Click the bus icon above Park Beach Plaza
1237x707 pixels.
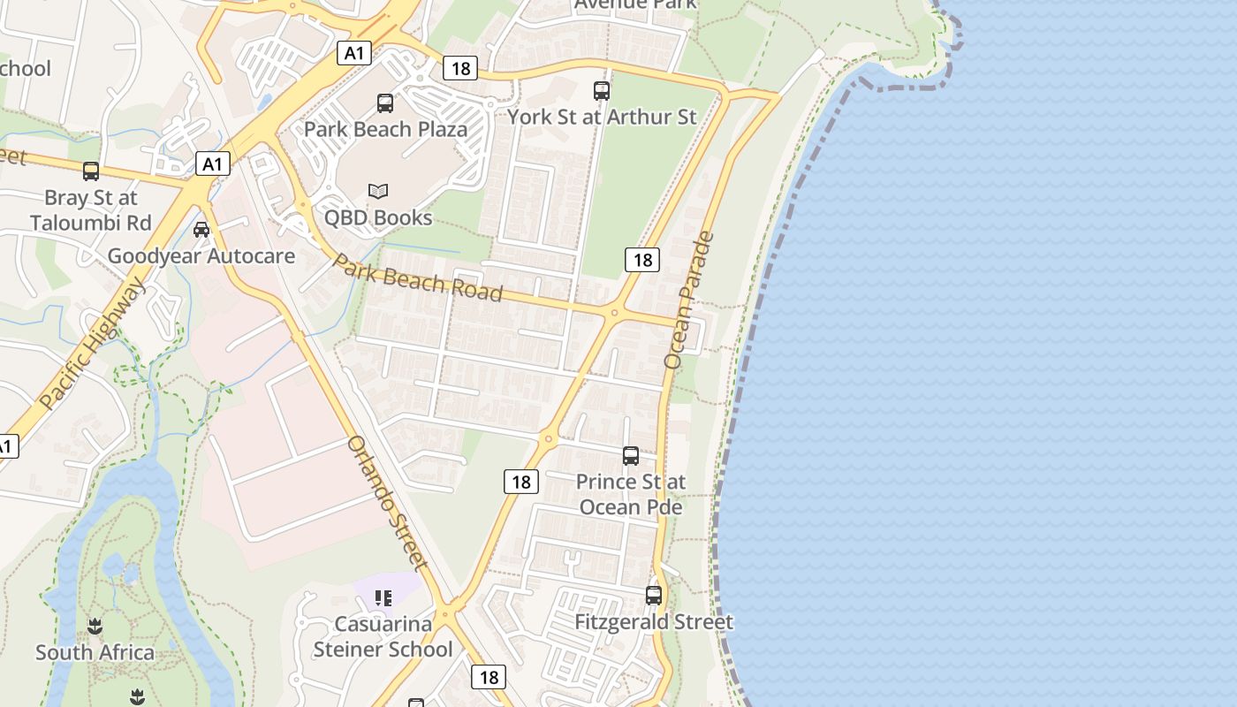click(385, 103)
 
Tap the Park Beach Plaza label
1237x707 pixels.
click(385, 129)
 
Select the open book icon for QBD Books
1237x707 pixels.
click(378, 191)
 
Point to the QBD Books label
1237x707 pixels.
click(378, 217)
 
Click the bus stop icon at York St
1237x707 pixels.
click(602, 90)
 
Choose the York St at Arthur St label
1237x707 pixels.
click(602, 117)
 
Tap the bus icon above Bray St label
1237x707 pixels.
click(91, 171)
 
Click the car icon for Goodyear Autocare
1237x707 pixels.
click(201, 230)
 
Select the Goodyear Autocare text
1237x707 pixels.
click(201, 256)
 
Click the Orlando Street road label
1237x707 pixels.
click(388, 502)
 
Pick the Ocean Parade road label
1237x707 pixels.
click(688, 300)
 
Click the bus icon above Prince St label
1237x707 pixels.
click(631, 456)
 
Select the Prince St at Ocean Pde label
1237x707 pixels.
click(631, 494)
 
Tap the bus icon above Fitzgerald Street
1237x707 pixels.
click(654, 596)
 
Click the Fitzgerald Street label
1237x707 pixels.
click(654, 622)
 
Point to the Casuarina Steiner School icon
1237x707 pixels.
click(383, 598)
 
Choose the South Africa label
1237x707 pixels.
click(95, 653)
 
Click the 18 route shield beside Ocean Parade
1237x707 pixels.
click(642, 260)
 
